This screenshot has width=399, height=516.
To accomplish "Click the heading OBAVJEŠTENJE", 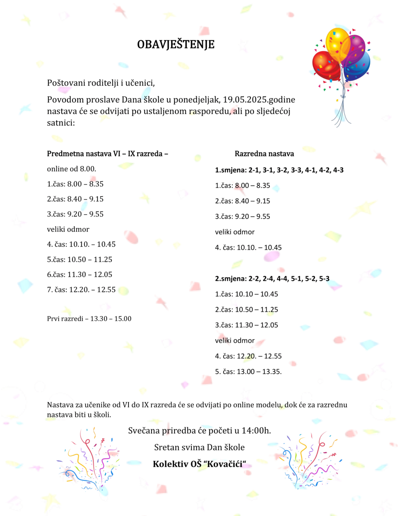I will (176, 44).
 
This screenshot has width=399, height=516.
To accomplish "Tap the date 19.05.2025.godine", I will (259, 100).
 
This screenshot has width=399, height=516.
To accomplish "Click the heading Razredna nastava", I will (264, 154).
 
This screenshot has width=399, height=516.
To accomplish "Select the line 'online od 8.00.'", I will (71, 169).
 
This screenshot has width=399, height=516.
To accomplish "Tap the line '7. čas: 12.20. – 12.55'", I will (81, 290).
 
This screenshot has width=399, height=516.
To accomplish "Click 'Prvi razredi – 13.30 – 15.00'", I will (89, 319).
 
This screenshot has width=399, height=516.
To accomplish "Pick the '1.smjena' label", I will (231, 170).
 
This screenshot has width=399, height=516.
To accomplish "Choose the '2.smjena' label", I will (231, 279).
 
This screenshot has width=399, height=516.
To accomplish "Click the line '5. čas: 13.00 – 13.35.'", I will (248, 372).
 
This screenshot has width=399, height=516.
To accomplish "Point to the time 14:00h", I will (256, 431).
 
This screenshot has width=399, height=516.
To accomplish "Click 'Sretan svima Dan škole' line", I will (199, 447).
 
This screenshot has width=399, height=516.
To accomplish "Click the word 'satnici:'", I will (61, 123).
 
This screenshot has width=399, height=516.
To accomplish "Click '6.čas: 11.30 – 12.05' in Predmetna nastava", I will (79, 275).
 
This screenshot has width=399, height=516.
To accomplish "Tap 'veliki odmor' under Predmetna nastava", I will (68, 229).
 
